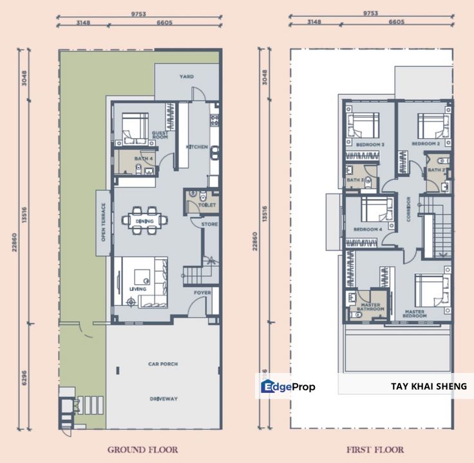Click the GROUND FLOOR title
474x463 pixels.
[x=142, y=449]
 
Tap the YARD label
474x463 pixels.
[x=186, y=77]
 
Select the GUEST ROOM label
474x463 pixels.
[x=160, y=135]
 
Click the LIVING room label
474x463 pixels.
[x=137, y=289]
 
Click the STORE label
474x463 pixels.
[x=209, y=224]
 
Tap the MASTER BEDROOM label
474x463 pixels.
[x=415, y=313]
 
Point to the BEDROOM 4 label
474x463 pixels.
[x=368, y=229]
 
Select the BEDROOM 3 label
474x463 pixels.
[x=370, y=144]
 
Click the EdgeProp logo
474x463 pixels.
[x=288, y=386]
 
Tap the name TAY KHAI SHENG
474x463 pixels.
[x=428, y=386]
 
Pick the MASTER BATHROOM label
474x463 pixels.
[x=371, y=307]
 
